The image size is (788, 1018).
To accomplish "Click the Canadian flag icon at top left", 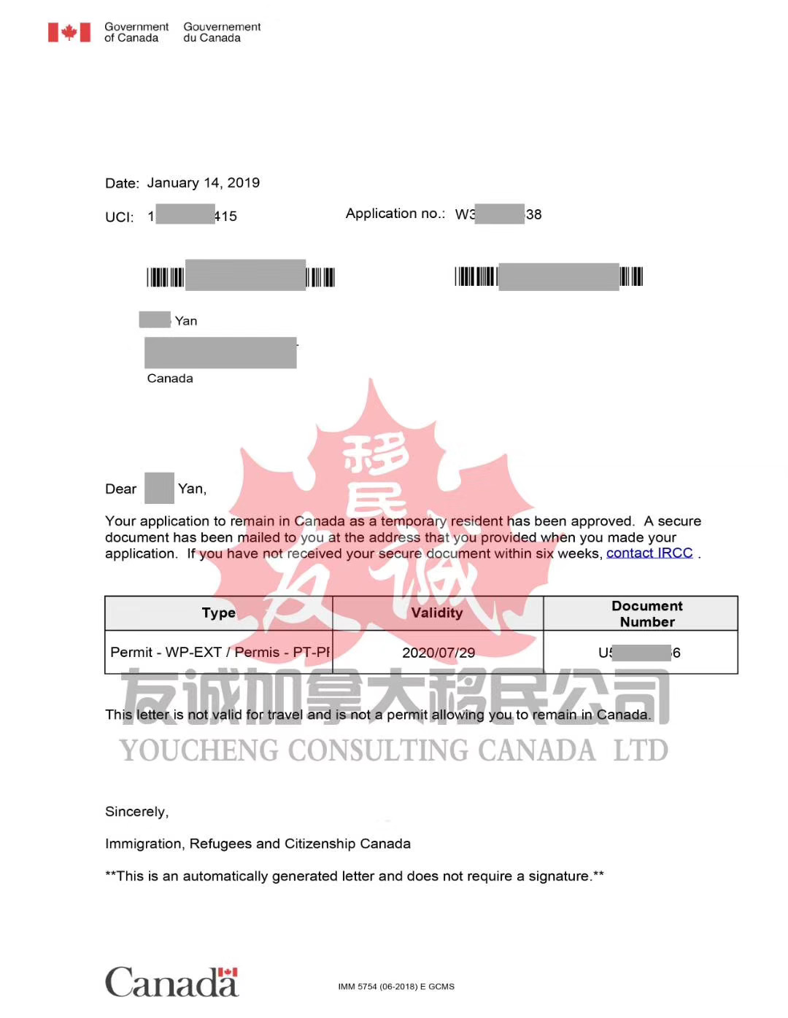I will [x=69, y=32].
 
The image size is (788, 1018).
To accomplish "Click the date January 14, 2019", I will [x=203, y=183].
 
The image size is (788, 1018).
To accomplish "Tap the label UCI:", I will [x=119, y=217].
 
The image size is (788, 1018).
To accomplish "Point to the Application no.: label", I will [x=395, y=214].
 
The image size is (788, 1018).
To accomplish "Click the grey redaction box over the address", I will [x=220, y=353].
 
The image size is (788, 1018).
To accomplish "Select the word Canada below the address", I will [x=170, y=378].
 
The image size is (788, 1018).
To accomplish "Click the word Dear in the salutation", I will [x=120, y=489].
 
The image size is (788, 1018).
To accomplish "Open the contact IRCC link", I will [x=649, y=553].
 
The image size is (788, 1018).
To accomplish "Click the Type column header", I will [x=218, y=613].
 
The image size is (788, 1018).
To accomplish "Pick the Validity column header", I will [x=436, y=613].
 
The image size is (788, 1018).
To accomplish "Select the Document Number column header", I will [x=646, y=614].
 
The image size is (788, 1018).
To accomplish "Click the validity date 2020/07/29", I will [x=438, y=653].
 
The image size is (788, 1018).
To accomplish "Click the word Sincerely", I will [x=136, y=812].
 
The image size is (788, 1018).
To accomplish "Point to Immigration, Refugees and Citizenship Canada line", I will [x=258, y=844].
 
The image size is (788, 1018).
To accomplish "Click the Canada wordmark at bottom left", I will [x=171, y=982].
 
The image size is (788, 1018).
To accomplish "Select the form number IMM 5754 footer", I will [x=395, y=987].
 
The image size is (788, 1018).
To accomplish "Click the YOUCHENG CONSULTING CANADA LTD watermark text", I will [x=394, y=751].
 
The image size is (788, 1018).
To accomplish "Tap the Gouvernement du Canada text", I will [x=222, y=32].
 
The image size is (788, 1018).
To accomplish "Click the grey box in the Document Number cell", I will [x=641, y=653].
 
